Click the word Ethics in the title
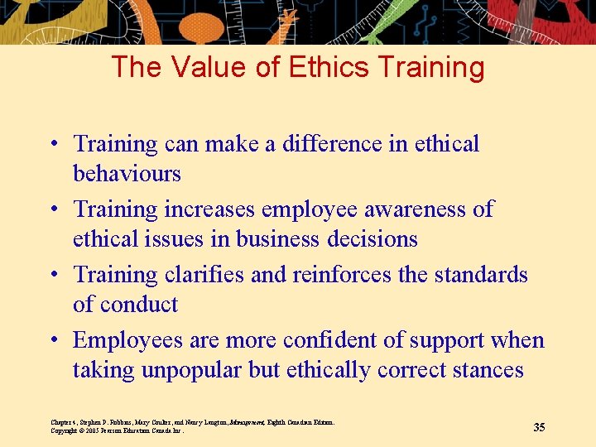(x=320, y=67)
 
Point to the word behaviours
(x=127, y=174)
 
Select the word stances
(x=489, y=370)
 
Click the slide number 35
(x=539, y=427)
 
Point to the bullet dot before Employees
(x=52, y=340)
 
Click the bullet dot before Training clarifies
(x=52, y=274)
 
